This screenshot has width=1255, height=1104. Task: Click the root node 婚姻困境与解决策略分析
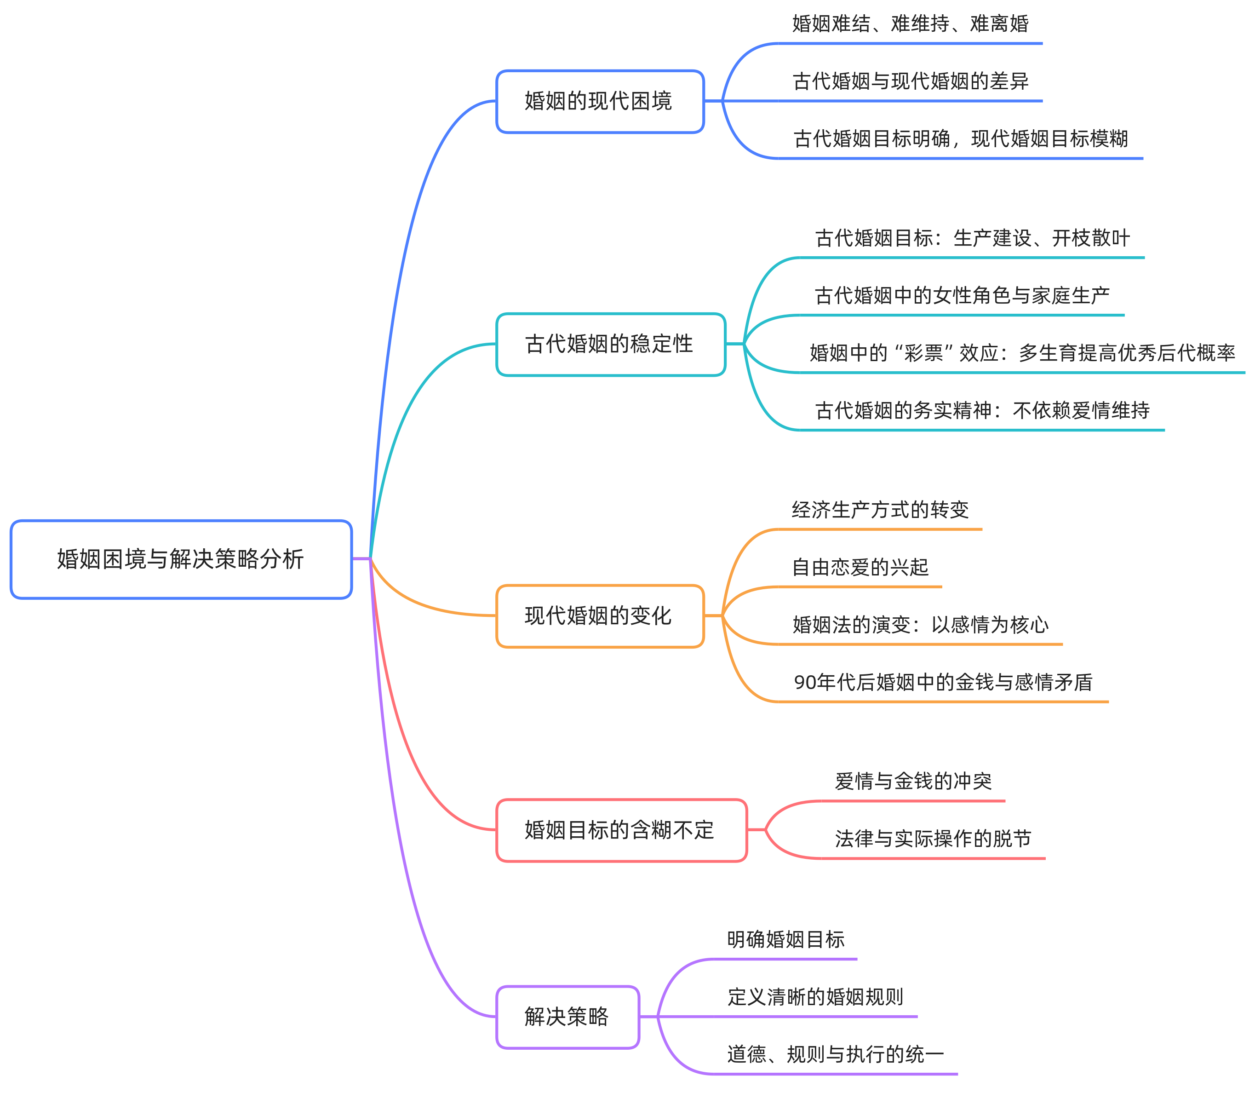(x=181, y=559)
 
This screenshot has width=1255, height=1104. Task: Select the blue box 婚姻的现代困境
(x=599, y=101)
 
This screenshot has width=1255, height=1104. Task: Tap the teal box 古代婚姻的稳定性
(x=610, y=344)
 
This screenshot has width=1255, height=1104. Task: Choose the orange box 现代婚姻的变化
(x=599, y=615)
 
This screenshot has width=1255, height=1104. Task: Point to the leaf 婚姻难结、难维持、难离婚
(x=910, y=24)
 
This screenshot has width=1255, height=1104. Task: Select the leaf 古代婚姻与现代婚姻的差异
(x=910, y=81)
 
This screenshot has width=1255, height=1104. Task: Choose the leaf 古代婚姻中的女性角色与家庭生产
(x=962, y=295)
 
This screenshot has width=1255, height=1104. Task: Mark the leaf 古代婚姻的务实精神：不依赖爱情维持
(x=982, y=410)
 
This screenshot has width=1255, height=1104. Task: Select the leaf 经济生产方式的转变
(x=880, y=510)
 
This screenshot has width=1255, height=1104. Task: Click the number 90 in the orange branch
(x=804, y=682)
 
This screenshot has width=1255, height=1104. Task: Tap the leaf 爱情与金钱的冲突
(x=913, y=781)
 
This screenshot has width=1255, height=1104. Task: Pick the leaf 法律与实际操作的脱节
(x=933, y=839)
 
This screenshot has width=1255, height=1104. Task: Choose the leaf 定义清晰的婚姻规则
(x=815, y=996)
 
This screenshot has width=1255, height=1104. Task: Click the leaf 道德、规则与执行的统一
(x=835, y=1054)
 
